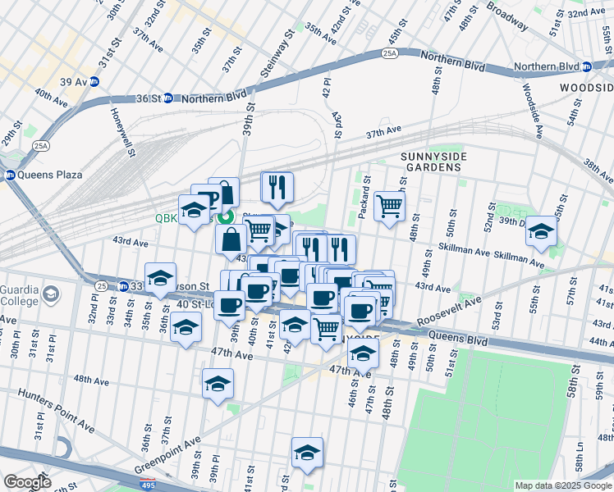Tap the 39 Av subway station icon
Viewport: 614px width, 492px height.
(94, 81)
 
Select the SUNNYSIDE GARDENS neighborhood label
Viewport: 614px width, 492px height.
(431, 162)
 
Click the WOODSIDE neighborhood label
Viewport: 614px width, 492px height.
(586, 88)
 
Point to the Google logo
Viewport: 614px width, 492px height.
(27, 482)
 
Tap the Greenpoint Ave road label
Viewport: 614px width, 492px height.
(167, 457)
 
